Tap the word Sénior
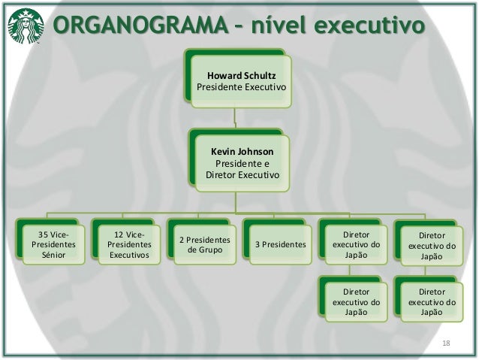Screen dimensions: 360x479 click(53, 256)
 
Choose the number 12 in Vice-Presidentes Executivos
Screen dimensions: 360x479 click(112, 234)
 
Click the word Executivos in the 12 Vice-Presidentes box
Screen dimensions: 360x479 click(128, 256)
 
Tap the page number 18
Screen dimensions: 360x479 click(447, 343)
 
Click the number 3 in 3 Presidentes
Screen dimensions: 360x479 click(259, 245)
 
